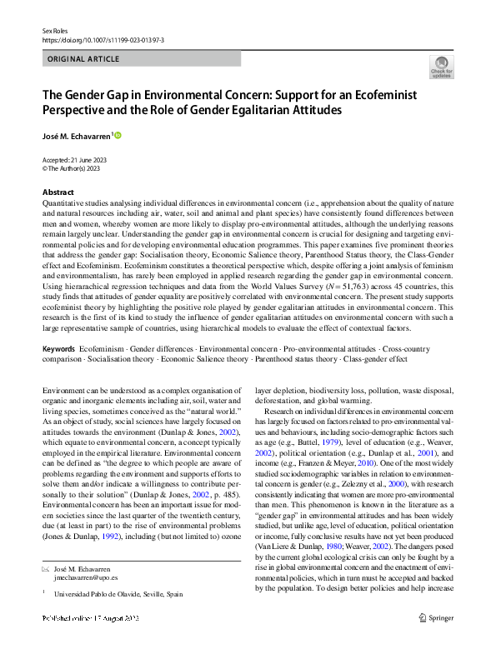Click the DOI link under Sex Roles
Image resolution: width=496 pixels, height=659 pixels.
pyautogui.click(x=103, y=39)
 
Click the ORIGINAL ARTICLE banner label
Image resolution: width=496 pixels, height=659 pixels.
pyautogui.click(x=83, y=58)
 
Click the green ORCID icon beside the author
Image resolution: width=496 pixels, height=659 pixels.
pyautogui.click(x=118, y=135)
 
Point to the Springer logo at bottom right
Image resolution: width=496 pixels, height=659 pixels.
pyautogui.click(x=437, y=641)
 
